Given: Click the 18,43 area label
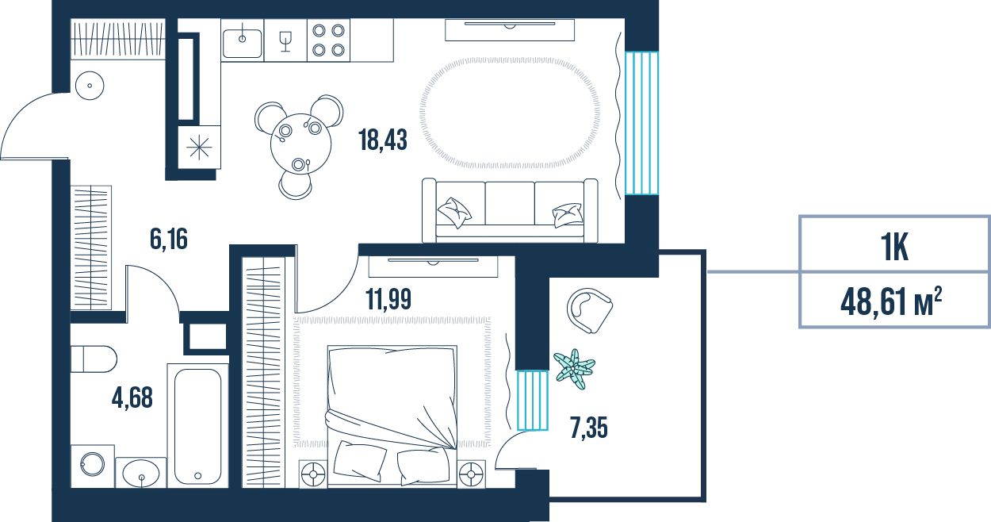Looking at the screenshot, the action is tap(383, 140).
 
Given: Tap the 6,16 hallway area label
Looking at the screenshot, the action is tap(169, 239).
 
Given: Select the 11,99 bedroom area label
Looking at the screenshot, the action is tap(388, 299).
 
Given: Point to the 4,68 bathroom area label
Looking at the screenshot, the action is tap(132, 397).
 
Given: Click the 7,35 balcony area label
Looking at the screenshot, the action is tap(589, 428).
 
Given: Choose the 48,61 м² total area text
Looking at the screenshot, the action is tap(891, 302).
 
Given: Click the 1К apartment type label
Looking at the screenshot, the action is tap(894, 248).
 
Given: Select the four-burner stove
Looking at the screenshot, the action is tap(328, 40).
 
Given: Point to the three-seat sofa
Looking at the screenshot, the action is tap(510, 211).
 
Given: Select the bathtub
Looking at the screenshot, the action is tap(197, 426).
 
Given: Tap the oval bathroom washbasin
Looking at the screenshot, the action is tap(141, 473).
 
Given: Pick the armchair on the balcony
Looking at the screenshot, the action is tap(590, 310).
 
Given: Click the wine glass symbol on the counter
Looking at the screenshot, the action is tap(285, 41).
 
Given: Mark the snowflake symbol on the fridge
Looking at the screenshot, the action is tap(199, 148).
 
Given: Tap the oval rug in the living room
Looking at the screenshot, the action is tap(510, 113).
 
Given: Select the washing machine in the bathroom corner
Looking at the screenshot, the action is tap(93, 466).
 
